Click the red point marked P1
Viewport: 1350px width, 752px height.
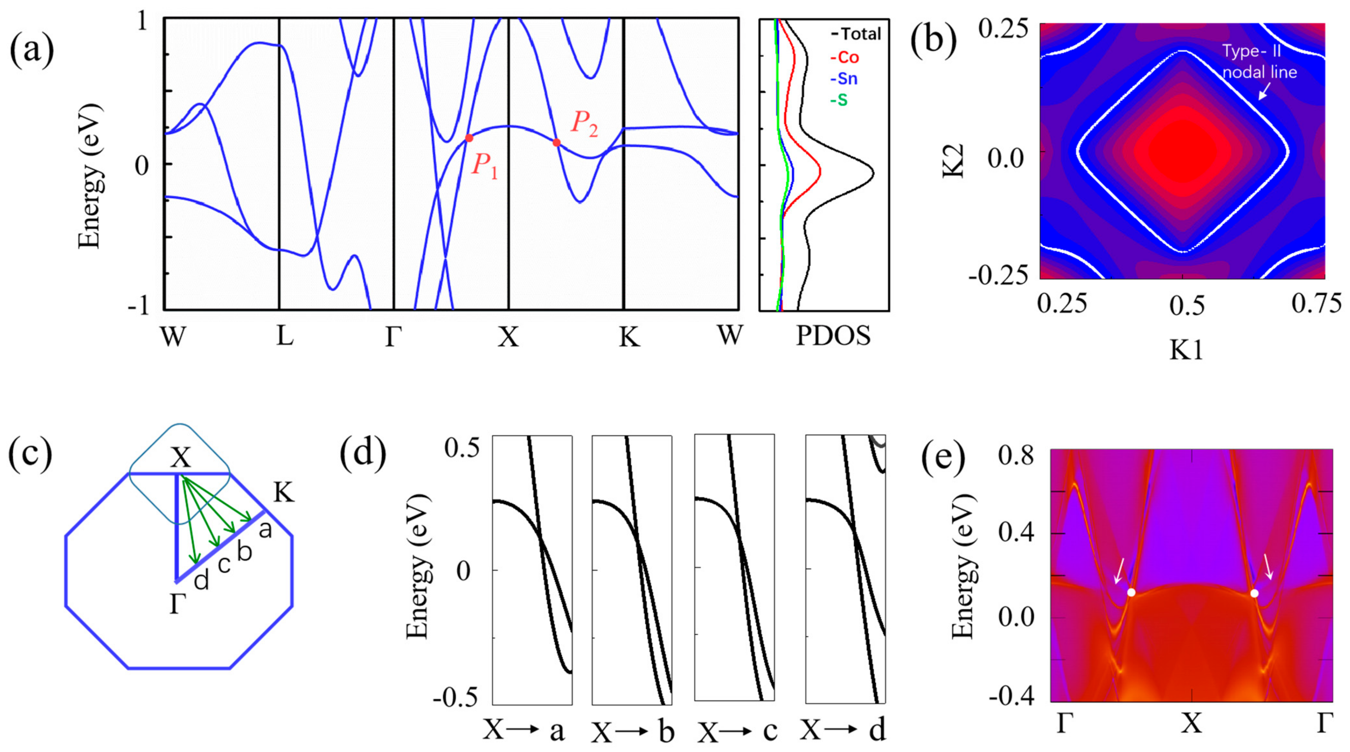(x=469, y=138)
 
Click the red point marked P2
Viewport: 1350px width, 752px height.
(x=556, y=142)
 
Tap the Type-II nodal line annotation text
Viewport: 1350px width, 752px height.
(x=1259, y=62)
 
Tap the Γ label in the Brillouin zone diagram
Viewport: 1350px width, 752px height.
(x=178, y=604)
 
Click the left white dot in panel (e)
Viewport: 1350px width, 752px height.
(x=1131, y=593)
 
